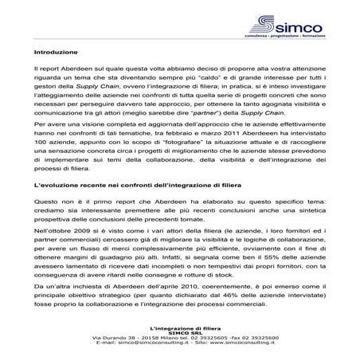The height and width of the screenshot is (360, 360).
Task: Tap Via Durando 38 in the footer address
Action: [x=95, y=338]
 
